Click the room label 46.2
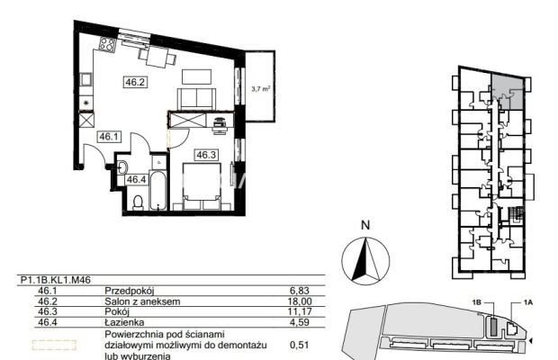click(x=135, y=82)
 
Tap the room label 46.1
click(x=109, y=137)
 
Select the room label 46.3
click(x=206, y=155)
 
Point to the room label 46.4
click(x=137, y=180)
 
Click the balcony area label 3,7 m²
click(x=261, y=88)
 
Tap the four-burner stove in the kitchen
click(x=107, y=44)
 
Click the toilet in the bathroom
click(x=138, y=202)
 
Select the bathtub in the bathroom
click(x=157, y=190)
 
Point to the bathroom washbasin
click(x=122, y=167)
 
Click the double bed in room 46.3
click(x=202, y=186)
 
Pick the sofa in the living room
click(x=196, y=99)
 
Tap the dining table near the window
click(x=157, y=57)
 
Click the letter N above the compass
click(x=365, y=225)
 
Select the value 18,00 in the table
click(x=300, y=301)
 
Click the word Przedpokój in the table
click(x=130, y=291)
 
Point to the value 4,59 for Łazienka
click(x=300, y=322)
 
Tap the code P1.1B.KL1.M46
click(x=56, y=280)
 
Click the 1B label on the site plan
click(x=476, y=302)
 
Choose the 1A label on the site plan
click(x=528, y=302)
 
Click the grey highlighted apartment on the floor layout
click(x=508, y=92)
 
